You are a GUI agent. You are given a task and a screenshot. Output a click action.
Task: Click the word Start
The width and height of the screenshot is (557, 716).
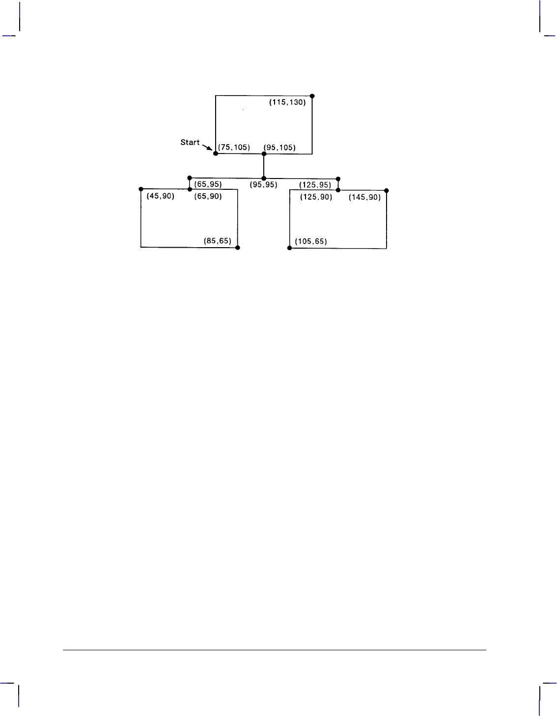pos(190,142)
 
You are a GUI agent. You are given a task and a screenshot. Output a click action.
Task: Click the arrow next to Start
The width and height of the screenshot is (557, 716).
pos(207,147)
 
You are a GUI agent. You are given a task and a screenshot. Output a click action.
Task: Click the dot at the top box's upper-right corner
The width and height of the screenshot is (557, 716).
pos(312,96)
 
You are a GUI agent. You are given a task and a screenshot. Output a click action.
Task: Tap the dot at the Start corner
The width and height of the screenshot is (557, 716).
pos(216,153)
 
